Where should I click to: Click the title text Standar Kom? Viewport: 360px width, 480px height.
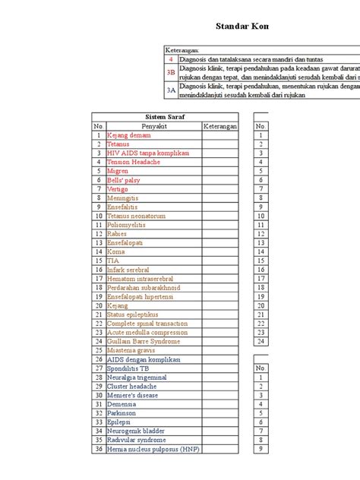242,27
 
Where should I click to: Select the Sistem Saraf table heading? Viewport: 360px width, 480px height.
166,116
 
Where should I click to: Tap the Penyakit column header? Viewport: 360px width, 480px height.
153,125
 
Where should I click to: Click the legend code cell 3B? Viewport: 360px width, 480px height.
171,73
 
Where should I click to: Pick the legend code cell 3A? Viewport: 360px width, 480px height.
171,90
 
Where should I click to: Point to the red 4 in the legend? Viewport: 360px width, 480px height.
171,58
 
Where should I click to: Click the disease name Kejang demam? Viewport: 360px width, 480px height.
129,134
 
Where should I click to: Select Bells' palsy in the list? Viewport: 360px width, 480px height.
123,180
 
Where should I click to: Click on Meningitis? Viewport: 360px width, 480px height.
124,197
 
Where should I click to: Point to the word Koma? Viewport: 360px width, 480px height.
116,251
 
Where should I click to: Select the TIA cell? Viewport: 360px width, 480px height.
113,261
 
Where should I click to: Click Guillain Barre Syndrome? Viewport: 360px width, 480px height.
142,341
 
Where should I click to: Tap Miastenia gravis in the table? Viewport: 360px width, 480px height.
131,350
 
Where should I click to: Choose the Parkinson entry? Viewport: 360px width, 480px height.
122,413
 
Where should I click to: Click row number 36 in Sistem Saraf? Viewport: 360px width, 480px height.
98,449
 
